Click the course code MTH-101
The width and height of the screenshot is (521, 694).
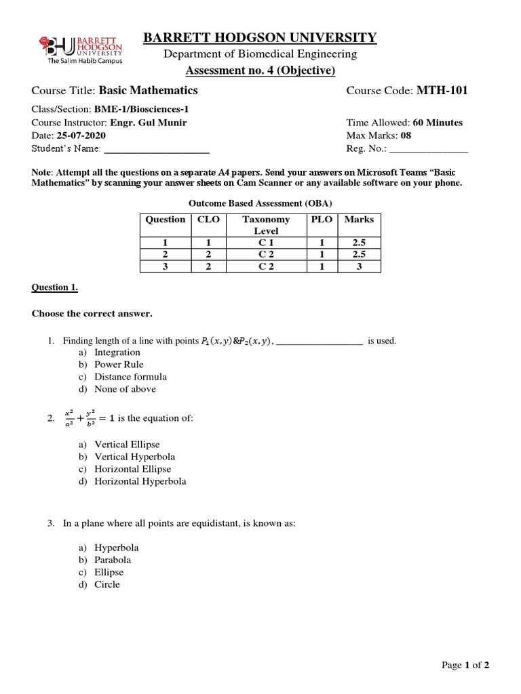tap(442, 90)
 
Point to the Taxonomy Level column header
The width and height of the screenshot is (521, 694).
tap(266, 225)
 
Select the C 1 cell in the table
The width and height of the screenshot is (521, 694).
tap(266, 243)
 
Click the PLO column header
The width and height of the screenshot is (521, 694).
tap(322, 220)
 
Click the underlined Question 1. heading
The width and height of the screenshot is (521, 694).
tap(55, 287)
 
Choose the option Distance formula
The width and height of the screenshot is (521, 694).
tap(130, 377)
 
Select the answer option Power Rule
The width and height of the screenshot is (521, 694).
tap(119, 365)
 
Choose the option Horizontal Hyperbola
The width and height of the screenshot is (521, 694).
tap(140, 481)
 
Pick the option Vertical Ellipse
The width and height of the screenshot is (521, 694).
tap(127, 445)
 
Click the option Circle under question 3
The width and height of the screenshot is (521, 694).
tap(107, 584)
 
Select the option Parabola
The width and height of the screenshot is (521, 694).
tap(113, 560)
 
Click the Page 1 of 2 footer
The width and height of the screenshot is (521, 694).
tap(465, 666)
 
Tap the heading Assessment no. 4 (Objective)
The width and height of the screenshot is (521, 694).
tap(260, 70)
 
